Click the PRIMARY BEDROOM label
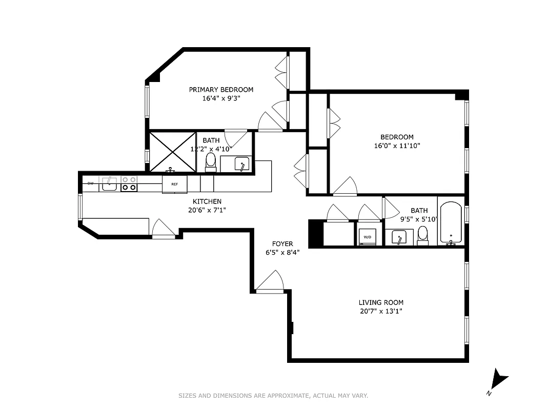[x=221, y=90]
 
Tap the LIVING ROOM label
[x=380, y=302]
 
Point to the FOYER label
[x=282, y=244]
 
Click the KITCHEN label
[x=207, y=201]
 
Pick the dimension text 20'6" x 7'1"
[x=207, y=210]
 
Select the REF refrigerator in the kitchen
[x=174, y=184]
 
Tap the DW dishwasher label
[x=90, y=183]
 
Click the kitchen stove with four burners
[x=129, y=183]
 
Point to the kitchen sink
[x=109, y=183]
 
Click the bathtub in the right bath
[x=451, y=223]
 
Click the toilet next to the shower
[x=210, y=161]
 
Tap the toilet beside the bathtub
[x=423, y=235]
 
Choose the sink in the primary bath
[x=241, y=165]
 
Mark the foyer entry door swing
[x=270, y=282]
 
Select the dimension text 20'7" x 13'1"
[x=380, y=311]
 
